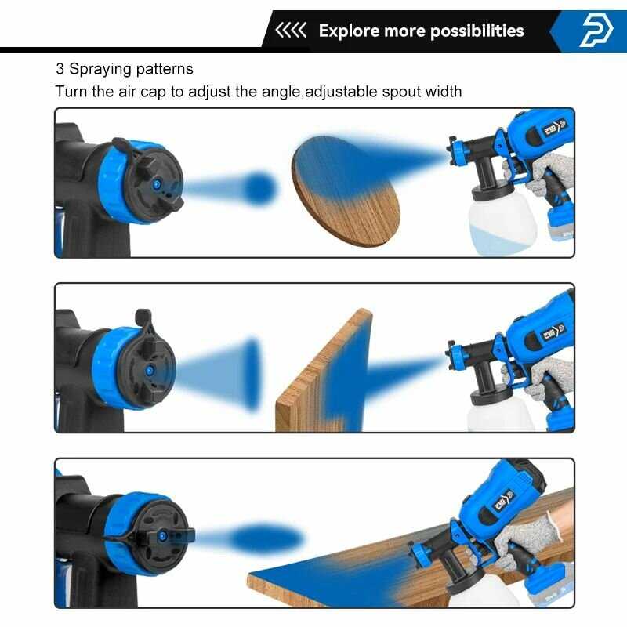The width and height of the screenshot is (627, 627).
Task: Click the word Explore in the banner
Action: click(349, 31)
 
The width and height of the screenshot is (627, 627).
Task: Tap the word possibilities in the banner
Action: click(477, 31)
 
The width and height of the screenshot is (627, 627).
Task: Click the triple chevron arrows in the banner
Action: click(291, 31)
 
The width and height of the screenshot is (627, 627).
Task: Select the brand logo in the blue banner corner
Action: click(596, 31)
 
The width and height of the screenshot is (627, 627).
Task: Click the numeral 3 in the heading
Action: click(60, 69)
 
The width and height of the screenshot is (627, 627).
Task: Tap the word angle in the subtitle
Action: click(283, 92)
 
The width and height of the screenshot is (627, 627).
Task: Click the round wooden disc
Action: click(346, 190)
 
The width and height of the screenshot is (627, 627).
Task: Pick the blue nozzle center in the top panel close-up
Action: click(157, 184)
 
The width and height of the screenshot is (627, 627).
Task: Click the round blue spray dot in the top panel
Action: click(259, 187)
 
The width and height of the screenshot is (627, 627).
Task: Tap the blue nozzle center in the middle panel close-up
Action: click(150, 370)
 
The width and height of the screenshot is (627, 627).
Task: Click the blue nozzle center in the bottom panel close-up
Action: click(162, 536)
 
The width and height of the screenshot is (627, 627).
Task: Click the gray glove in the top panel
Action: click(548, 172)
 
